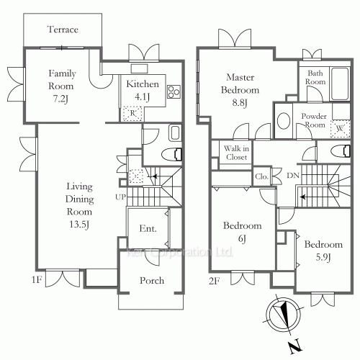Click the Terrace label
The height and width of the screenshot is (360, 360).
pos(63,30)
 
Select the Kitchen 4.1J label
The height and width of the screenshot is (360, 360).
pos(142,89)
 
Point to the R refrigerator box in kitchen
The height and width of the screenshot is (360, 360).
pos(132,112)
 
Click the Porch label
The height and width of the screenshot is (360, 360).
pos(151,280)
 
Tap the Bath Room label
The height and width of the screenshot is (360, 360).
pos(316,77)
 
